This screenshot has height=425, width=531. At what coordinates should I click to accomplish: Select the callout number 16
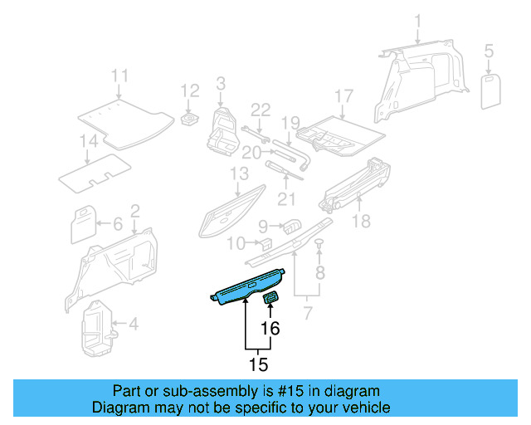click(270, 329)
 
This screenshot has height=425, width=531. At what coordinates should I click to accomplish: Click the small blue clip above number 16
click(271, 297)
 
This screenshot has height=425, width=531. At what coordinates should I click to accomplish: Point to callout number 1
click(418, 20)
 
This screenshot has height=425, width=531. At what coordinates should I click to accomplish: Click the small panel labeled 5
click(490, 90)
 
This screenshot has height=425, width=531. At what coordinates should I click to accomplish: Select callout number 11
click(120, 76)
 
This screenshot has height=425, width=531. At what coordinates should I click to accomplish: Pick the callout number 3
click(221, 83)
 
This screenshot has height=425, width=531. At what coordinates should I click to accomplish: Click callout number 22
click(261, 110)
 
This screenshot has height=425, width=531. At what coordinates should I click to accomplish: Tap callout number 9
click(263, 225)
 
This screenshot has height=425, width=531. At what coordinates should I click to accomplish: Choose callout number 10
click(236, 244)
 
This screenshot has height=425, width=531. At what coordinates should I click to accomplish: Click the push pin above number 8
click(319, 242)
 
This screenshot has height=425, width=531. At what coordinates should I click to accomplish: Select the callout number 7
click(308, 314)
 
